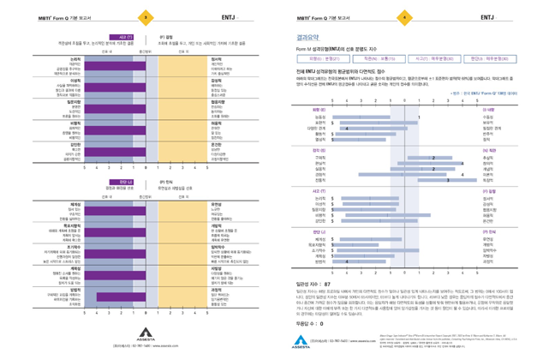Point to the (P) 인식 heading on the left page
tap(168, 183)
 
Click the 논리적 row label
tap(75, 58)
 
